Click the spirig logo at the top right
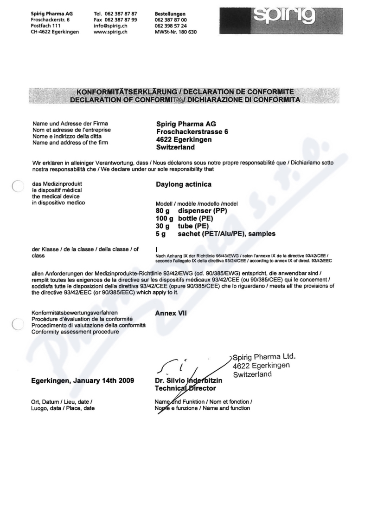point(284,17)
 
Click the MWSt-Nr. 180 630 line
point(176,32)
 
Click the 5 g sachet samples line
point(216,234)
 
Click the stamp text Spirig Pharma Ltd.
point(264,357)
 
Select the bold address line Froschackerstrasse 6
point(192,132)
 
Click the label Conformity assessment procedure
point(75,332)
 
